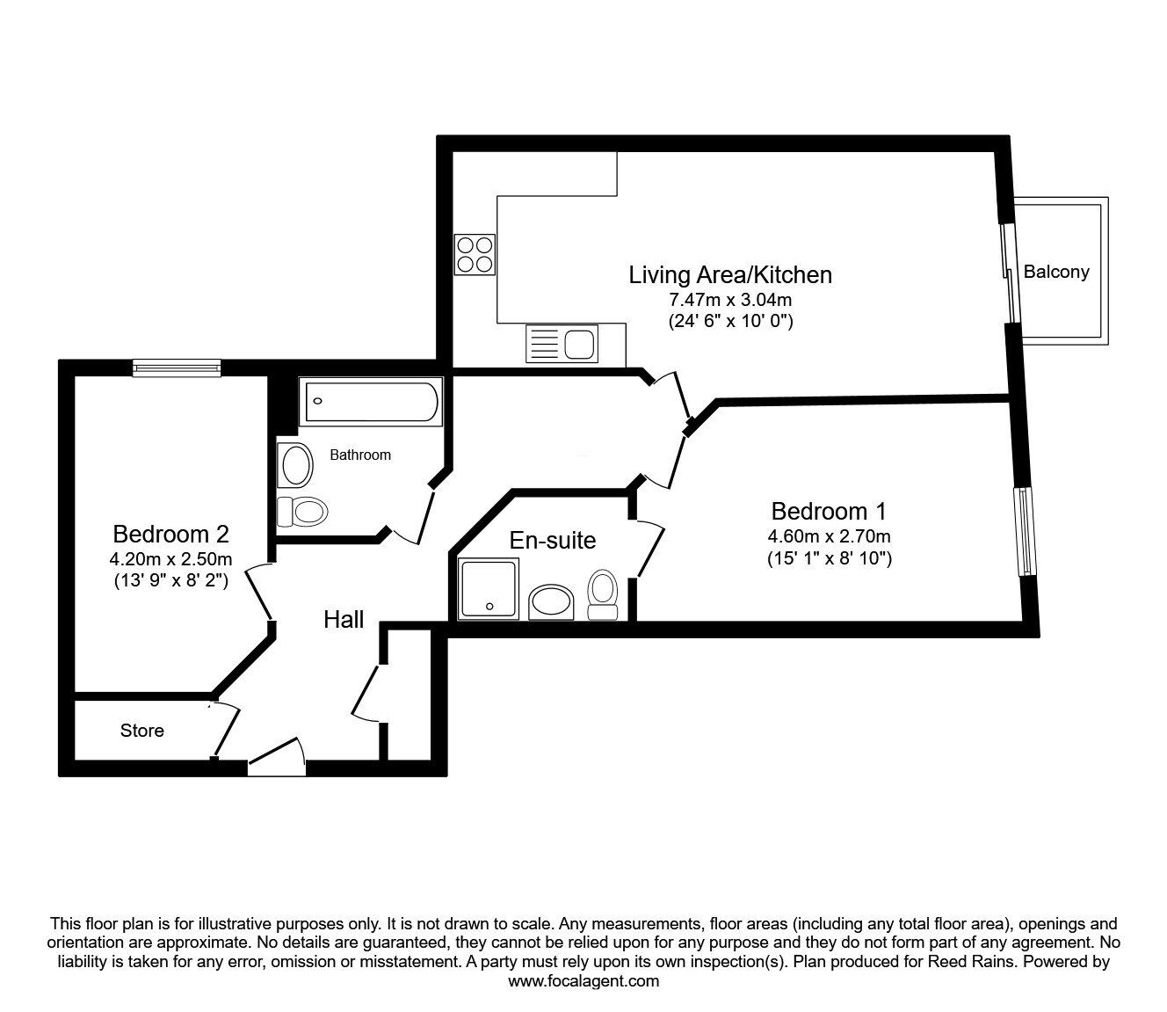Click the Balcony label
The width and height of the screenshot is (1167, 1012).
click(x=1055, y=272)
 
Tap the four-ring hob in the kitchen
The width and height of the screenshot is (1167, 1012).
click(x=474, y=253)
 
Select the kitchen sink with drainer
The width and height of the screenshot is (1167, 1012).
click(x=561, y=343)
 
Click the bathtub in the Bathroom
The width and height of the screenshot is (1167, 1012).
click(x=370, y=402)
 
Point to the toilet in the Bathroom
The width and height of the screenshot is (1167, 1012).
click(x=301, y=510)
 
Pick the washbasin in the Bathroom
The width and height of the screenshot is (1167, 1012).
click(x=295, y=465)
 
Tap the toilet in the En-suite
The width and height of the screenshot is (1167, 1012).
click(x=603, y=595)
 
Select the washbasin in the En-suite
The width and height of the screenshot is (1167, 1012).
click(x=551, y=602)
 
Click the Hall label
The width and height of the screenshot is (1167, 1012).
click(x=344, y=620)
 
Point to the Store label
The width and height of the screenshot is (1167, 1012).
click(x=141, y=731)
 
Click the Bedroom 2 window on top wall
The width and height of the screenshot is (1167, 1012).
click(x=177, y=368)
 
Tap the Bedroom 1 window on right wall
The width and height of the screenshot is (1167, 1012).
click(x=1025, y=531)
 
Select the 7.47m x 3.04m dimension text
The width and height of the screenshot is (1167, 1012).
click(x=729, y=300)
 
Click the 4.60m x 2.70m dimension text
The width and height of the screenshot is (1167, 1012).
click(x=829, y=536)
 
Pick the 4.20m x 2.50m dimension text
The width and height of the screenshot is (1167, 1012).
click(x=170, y=559)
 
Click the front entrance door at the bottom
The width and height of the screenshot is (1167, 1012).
click(x=277, y=758)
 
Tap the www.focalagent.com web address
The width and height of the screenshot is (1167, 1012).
click(x=583, y=981)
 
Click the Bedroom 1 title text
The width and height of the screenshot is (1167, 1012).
click(x=829, y=511)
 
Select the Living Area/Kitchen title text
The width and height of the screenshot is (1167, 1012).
click(x=729, y=274)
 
